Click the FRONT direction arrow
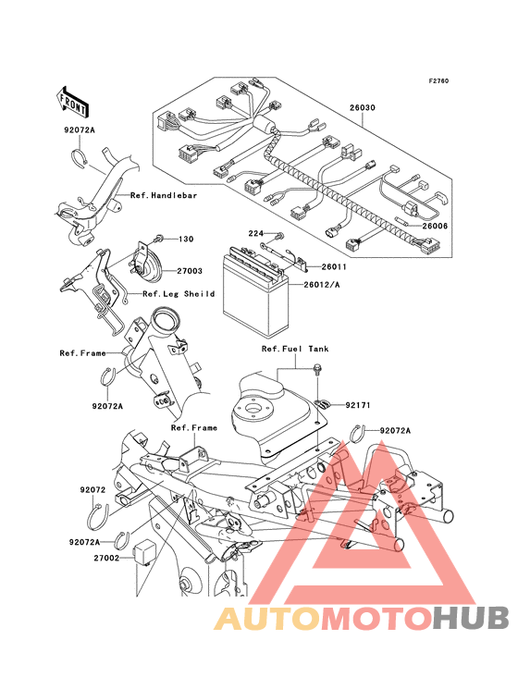72,102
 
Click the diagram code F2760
438,80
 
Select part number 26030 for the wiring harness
363,107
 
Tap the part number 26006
435,226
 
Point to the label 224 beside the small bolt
255,233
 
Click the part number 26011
334,267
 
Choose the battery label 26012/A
322,285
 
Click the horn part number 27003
190,271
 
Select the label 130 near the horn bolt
186,239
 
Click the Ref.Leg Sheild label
179,294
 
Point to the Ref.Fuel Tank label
295,349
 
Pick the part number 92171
358,405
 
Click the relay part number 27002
106,558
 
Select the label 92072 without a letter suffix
92,490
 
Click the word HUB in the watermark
472,618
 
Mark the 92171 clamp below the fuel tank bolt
322,404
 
